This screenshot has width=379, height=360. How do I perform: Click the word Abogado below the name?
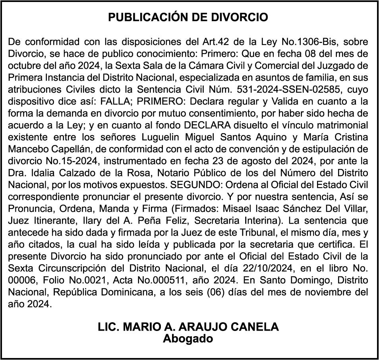click(188, 339)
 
